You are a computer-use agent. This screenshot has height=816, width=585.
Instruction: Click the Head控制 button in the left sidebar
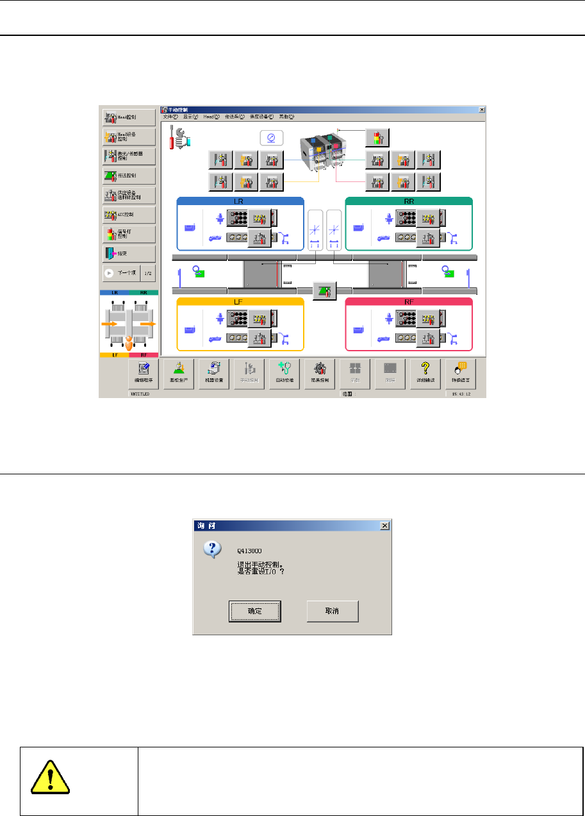129,117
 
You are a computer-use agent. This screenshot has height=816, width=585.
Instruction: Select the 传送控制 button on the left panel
129,175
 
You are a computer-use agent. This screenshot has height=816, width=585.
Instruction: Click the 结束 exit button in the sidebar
129,253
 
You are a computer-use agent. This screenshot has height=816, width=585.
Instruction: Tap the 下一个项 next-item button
121,272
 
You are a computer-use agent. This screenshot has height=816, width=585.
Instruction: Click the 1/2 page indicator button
147,272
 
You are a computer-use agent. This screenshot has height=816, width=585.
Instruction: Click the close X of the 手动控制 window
481,110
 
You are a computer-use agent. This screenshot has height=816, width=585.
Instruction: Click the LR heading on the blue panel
240,201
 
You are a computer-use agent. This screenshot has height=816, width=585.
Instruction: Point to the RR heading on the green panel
409,201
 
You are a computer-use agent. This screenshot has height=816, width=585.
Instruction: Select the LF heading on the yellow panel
240,301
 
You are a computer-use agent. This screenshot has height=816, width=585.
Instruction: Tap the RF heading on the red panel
409,301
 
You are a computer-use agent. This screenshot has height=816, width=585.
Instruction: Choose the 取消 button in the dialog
332,611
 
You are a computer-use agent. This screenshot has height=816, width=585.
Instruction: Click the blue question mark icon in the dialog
213,550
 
